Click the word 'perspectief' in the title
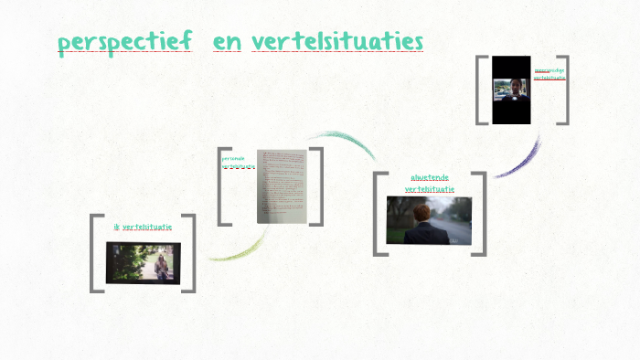click(x=124, y=42)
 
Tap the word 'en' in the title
click(x=227, y=42)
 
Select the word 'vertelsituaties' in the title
click(x=337, y=42)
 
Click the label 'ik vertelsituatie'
click(x=143, y=227)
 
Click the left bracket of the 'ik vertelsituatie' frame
click(x=94, y=253)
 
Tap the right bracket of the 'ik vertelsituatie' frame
click(x=191, y=253)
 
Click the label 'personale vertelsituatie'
click(x=236, y=163)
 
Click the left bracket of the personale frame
click(x=221, y=185)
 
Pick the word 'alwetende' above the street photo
click(x=429, y=177)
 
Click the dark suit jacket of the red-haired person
click(x=423, y=232)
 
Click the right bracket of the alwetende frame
click(x=481, y=214)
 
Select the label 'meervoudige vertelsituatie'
click(x=549, y=73)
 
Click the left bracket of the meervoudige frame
click(x=480, y=90)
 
